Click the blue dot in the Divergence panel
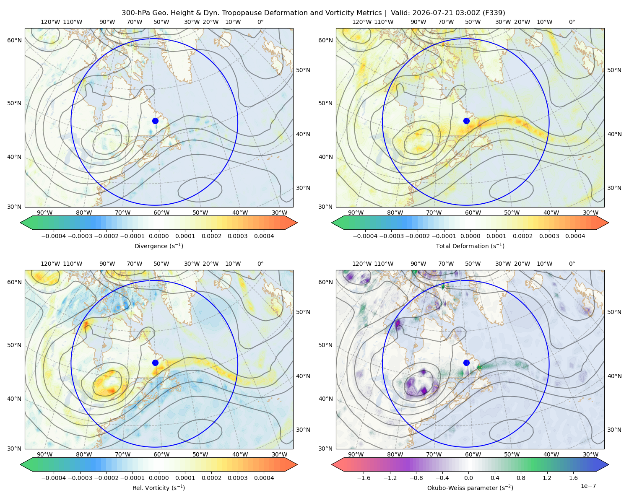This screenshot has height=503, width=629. [x=155, y=121]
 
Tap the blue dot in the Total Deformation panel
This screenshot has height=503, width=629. [x=466, y=121]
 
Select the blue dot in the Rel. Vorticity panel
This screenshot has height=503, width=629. [x=155, y=363]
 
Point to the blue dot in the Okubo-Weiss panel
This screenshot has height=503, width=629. [x=466, y=363]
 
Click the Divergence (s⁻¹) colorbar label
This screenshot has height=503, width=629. [x=159, y=246]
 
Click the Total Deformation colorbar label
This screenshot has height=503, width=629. [x=470, y=246]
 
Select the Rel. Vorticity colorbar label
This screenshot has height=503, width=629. [x=159, y=488]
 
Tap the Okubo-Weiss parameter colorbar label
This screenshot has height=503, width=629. [x=470, y=488]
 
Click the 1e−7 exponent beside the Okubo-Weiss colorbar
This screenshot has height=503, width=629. [x=588, y=486]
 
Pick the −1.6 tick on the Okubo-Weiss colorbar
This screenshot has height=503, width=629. [x=364, y=478]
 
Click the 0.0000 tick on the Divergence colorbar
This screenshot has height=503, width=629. [x=159, y=236]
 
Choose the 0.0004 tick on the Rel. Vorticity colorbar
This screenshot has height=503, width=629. [x=264, y=478]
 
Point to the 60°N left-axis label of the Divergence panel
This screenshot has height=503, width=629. [x=14, y=40]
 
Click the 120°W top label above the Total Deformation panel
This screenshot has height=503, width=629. [x=362, y=22]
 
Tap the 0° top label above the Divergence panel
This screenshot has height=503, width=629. [x=260, y=22]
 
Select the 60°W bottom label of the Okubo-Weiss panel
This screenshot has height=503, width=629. [x=473, y=454]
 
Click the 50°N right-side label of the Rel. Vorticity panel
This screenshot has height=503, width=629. [x=303, y=312]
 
